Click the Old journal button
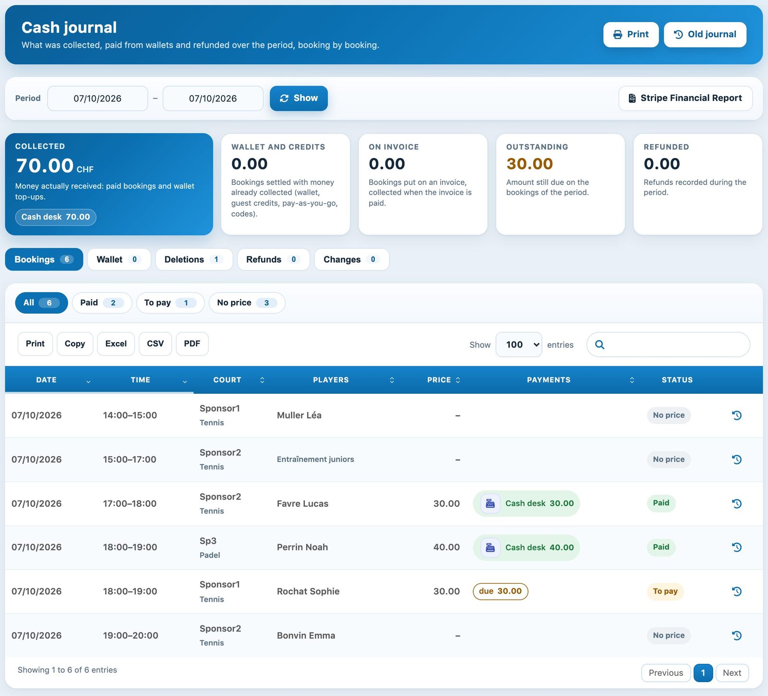705,35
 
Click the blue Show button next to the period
299,98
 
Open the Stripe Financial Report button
685,98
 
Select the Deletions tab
194,259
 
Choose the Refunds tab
273,259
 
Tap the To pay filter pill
170,303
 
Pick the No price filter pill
247,303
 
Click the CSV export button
155,344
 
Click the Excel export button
116,344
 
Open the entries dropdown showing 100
518,344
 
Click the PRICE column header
439,380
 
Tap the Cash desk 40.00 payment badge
527,548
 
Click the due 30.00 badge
500,591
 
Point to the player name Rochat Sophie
308,591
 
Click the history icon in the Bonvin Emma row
737,635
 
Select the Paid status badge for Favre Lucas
661,503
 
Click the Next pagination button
732,673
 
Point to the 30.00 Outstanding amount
529,164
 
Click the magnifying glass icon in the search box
600,344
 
